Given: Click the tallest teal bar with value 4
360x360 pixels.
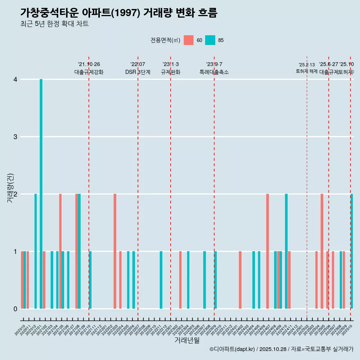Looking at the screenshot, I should [x=41, y=194].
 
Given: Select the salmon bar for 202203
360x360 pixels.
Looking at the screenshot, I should [x=115, y=251].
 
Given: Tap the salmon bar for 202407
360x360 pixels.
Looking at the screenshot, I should [x=268, y=251].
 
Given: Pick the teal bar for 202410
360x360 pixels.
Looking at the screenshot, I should [x=286, y=251].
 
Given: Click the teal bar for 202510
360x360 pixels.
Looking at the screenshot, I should [x=352, y=251].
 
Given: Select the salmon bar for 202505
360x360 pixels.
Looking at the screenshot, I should [x=322, y=251].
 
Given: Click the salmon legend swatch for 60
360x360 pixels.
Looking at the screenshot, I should [x=189, y=40].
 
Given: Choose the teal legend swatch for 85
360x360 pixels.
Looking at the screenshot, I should [x=210, y=40].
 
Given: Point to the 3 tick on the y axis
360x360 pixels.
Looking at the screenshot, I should [x=15, y=136].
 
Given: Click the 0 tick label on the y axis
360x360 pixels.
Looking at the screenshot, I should [x=15, y=309].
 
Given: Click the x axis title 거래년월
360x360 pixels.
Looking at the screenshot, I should [x=187, y=340].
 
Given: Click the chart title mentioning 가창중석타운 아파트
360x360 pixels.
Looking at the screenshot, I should [x=119, y=13].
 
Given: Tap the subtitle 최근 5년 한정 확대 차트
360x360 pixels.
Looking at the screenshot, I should [x=54, y=24].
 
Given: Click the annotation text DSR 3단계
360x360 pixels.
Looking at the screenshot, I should [x=138, y=72].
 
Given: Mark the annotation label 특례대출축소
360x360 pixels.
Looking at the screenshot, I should [x=214, y=72].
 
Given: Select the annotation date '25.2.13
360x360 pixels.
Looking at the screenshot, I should [x=307, y=64].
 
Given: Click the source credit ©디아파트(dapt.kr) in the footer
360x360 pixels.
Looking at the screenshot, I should [x=232, y=349].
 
